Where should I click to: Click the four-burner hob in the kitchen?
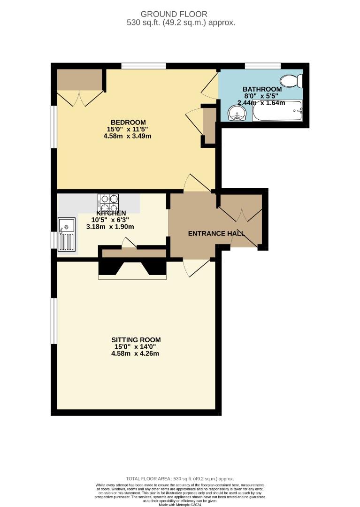(108, 203)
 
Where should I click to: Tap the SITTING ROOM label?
(136, 339)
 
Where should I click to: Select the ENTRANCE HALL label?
(216, 233)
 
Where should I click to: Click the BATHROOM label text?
(262, 89)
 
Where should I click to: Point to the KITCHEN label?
(111, 213)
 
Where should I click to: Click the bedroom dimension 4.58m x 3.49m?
(127, 136)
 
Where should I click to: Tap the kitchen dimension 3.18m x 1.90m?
(110, 227)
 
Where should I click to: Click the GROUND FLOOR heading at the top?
(181, 14)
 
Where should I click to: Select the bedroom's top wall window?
(143, 66)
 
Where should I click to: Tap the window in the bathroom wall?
(263, 66)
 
